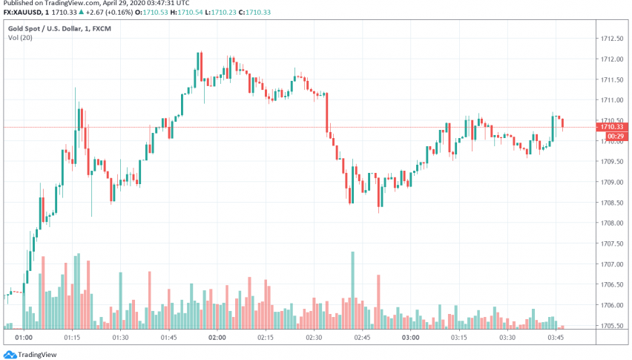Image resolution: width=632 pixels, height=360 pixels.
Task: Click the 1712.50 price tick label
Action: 612,39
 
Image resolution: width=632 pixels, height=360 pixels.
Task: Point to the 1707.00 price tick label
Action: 612,264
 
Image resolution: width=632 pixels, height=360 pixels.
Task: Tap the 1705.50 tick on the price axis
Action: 612,325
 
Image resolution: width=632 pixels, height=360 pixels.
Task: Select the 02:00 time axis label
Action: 217,338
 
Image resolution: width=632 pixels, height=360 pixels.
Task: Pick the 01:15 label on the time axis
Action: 72,338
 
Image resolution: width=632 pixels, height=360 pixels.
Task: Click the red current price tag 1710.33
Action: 613,127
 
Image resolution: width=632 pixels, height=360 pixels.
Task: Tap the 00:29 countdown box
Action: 613,137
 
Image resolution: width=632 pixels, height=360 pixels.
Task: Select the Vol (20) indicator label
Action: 19,37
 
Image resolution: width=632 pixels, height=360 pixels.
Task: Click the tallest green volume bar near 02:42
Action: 352,289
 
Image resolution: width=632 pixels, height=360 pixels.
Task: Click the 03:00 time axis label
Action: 410,338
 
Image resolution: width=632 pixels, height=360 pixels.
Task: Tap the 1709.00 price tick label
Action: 612,182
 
